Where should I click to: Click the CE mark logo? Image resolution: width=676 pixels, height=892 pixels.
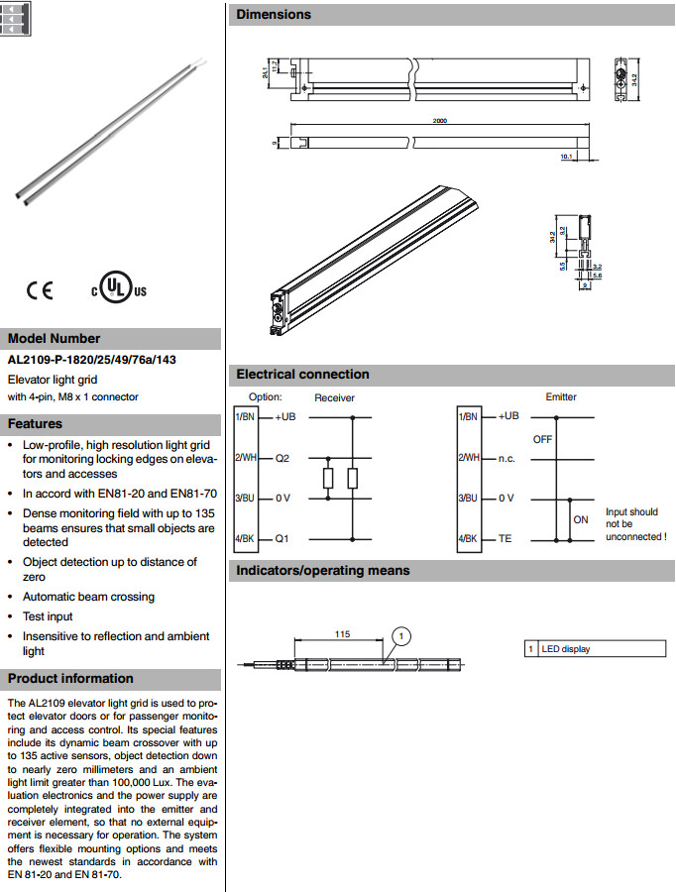40,290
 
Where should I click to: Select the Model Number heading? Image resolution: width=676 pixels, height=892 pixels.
54,338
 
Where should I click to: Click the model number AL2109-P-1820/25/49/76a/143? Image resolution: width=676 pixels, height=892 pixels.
91,360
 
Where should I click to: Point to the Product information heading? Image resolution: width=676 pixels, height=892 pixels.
70,679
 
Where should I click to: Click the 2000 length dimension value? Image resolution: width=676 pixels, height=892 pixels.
440,121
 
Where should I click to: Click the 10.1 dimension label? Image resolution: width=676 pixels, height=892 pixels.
566,156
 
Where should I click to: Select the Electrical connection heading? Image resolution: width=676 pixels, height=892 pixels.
302,375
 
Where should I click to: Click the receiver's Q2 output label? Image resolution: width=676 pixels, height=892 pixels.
282,458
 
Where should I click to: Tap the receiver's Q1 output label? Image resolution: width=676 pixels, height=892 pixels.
282,539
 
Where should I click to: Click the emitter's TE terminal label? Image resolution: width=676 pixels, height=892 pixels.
505,539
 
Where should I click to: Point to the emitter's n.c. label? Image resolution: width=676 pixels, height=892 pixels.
508,458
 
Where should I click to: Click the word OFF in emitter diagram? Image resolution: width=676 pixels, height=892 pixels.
542,438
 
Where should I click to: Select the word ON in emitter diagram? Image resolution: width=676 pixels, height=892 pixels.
580,519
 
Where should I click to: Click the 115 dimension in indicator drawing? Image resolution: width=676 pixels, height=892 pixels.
343,633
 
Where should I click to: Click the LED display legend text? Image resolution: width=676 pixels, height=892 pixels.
564,649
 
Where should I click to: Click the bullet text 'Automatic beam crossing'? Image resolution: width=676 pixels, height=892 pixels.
88,597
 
